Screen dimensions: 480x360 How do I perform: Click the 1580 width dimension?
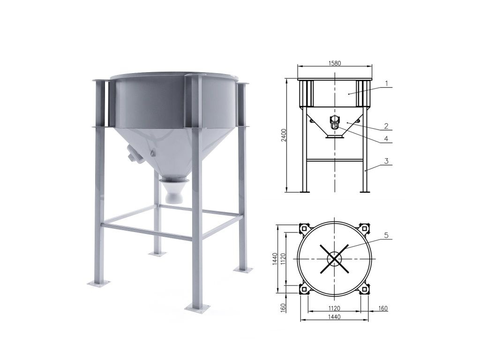coord(335,63)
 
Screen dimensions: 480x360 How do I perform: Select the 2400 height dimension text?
coord(284,135)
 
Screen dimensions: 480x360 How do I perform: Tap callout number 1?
coord(387,83)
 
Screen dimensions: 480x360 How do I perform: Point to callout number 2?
coord(386,126)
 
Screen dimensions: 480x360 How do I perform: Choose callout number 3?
coord(387,161)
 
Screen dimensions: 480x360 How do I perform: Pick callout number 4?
coord(386,139)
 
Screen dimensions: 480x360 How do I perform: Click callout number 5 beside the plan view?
coord(386,235)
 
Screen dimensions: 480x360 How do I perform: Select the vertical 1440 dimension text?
coord(275,259)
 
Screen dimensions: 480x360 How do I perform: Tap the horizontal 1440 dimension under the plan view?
coord(334,317)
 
